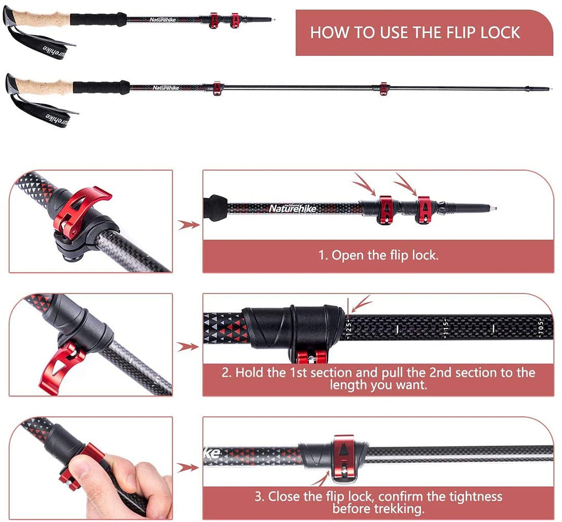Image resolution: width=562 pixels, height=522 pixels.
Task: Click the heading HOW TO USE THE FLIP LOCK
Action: [x=415, y=32]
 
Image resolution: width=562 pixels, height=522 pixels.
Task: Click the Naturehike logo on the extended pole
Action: [x=165, y=88]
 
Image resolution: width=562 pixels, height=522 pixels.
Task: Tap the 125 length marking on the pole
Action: [x=349, y=327]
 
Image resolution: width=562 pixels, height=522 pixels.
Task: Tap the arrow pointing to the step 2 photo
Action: [x=187, y=346]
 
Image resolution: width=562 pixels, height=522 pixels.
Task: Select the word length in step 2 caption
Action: [x=348, y=385]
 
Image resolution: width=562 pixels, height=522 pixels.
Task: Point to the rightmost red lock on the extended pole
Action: [x=384, y=89]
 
